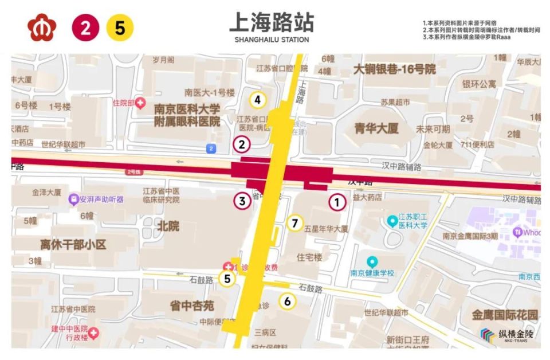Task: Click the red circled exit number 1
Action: tap(337, 202)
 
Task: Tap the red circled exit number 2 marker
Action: tap(242, 144)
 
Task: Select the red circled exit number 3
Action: tap(242, 201)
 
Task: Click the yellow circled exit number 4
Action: tap(258, 100)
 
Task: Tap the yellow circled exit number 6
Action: tap(287, 301)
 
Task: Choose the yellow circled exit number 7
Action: tap(295, 223)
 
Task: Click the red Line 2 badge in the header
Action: tap(85, 28)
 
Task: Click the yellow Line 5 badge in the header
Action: tap(120, 28)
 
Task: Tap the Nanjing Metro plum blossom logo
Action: tap(42, 28)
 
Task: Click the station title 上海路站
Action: tap(272, 22)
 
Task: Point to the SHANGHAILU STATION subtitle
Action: tap(272, 40)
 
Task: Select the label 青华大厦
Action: tap(376, 128)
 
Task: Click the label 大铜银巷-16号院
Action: tap(394, 69)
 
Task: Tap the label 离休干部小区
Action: tap(73, 245)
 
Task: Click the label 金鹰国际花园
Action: tap(505, 315)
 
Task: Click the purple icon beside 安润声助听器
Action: tap(73, 199)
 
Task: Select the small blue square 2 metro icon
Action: tap(211, 148)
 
